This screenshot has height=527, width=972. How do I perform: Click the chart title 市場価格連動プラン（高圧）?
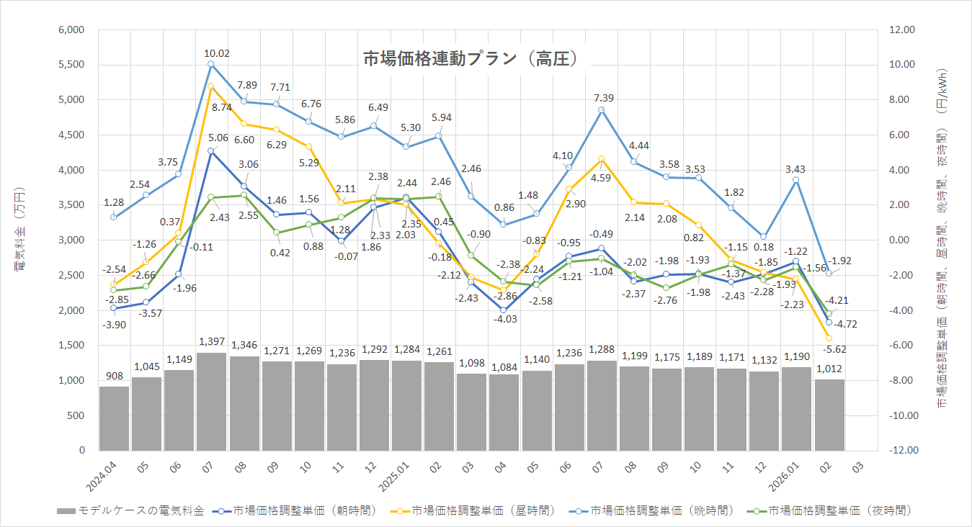(471, 58)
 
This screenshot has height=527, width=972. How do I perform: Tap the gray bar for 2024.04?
(114, 418)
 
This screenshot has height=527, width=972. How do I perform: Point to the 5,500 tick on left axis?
(71, 65)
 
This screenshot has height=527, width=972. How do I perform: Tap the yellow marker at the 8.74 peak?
(210, 86)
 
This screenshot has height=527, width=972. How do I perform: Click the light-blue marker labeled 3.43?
(796, 179)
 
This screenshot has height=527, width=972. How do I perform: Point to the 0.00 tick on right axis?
(904, 240)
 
